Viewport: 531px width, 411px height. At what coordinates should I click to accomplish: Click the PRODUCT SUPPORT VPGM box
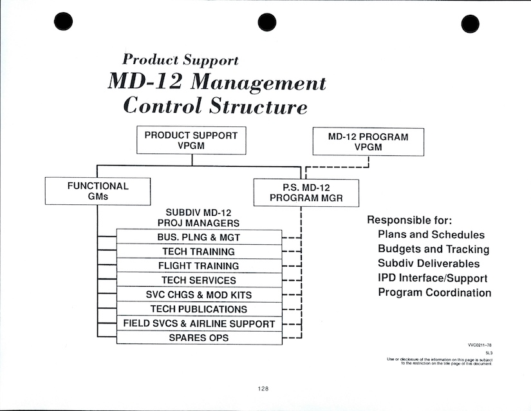pos(191,140)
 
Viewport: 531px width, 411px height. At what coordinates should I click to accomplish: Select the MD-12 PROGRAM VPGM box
pos(368,142)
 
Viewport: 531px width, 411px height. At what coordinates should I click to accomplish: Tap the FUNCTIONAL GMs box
pos(98,191)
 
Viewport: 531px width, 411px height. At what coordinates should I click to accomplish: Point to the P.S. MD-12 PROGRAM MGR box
pos(306,192)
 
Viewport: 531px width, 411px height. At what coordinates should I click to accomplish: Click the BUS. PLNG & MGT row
pos(198,237)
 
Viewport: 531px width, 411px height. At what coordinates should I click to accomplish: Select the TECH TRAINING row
pos(198,251)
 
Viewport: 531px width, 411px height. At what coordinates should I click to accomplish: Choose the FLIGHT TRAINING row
pos(198,265)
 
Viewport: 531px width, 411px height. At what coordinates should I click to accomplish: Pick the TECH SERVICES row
pos(198,280)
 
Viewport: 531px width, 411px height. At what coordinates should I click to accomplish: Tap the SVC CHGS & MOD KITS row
pos(198,294)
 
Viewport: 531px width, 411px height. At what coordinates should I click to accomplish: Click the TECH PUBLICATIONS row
pos(198,309)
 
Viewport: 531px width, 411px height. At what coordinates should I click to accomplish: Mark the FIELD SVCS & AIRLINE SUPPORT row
pos(198,323)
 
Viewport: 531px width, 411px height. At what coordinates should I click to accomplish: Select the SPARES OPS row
pos(198,338)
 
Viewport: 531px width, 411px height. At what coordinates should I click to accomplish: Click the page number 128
pos(262,388)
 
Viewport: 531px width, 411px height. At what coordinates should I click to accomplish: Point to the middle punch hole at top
pos(266,22)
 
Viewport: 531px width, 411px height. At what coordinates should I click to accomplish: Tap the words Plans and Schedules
pos(431,234)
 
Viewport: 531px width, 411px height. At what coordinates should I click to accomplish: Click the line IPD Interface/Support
pos(433,278)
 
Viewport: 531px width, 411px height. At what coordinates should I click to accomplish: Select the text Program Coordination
pos(434,292)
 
